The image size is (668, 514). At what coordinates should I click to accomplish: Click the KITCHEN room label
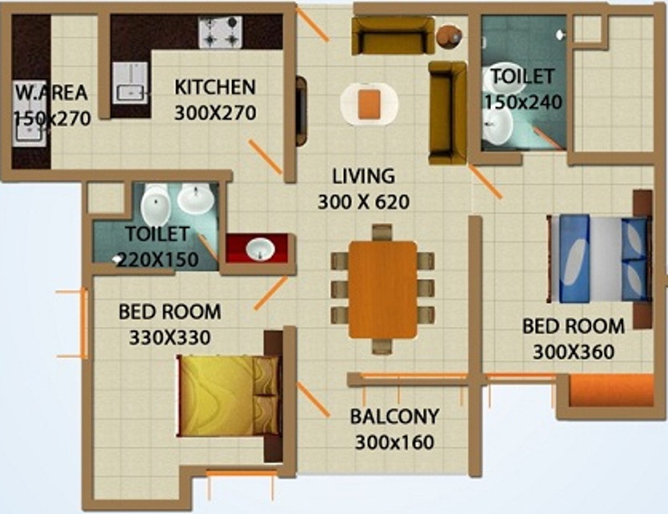click(215, 87)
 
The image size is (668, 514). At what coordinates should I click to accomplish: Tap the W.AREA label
click(50, 93)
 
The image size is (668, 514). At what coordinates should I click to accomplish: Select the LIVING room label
click(362, 177)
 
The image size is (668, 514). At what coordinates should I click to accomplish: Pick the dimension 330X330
click(170, 338)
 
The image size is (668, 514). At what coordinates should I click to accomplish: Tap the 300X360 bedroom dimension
click(573, 352)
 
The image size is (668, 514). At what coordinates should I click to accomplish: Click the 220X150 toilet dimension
click(158, 260)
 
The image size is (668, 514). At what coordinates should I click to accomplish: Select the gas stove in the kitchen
click(220, 33)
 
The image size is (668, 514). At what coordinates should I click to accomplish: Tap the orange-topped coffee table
click(369, 104)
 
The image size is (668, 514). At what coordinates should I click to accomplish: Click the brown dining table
click(382, 290)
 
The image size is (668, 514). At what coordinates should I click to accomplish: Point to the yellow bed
click(228, 396)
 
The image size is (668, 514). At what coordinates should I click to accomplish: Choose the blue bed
click(600, 259)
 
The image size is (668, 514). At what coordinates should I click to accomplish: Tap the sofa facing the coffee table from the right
click(448, 112)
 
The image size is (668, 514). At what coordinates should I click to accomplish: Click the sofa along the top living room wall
click(392, 35)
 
